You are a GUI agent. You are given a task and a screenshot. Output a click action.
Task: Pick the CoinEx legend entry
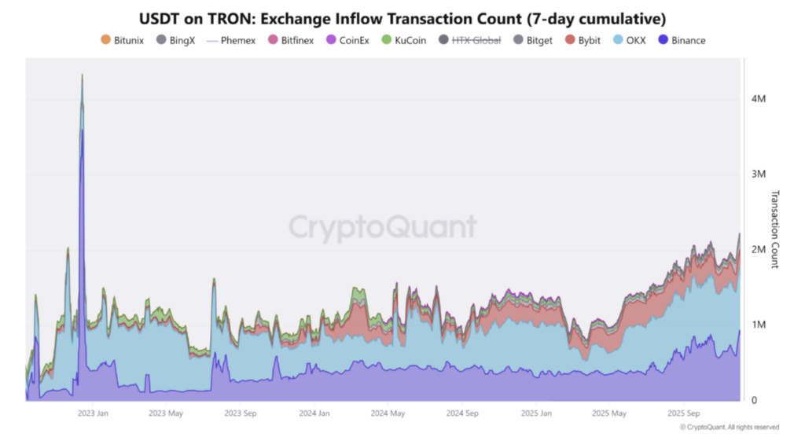pyautogui.click(x=353, y=40)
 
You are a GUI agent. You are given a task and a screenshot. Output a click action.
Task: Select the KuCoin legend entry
pyautogui.click(x=409, y=40)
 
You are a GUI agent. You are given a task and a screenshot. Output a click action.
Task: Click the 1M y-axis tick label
pyautogui.click(x=758, y=325)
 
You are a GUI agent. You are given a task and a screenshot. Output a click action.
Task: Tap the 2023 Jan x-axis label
pyautogui.click(x=94, y=413)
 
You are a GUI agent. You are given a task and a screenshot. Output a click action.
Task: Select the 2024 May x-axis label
pyautogui.click(x=388, y=413)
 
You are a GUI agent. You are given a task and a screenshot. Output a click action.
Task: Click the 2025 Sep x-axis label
pyautogui.click(x=684, y=413)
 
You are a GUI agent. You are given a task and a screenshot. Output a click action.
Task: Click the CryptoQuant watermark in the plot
pyautogui.click(x=382, y=227)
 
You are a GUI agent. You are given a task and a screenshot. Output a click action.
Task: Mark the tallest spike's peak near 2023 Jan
pyautogui.click(x=83, y=75)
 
